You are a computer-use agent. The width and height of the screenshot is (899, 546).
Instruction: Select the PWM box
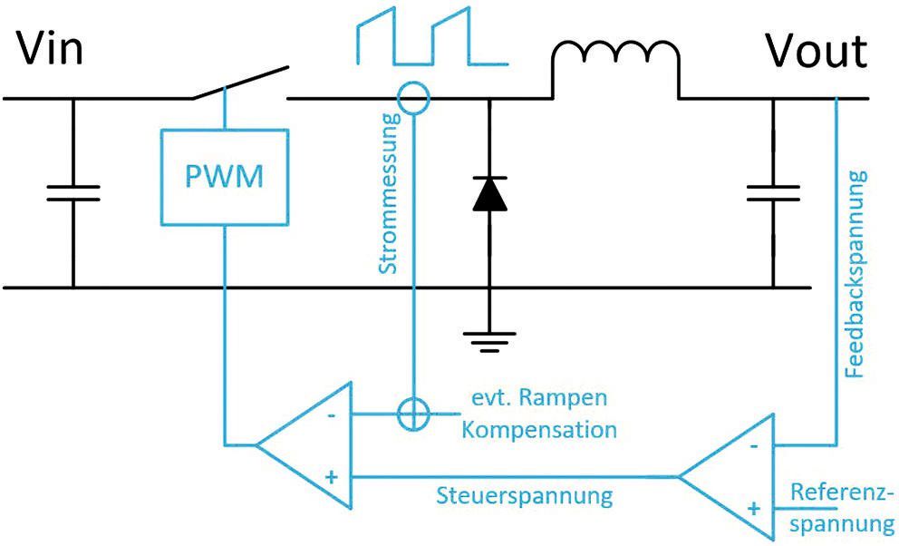224,176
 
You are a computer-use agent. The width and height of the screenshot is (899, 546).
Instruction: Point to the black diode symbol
489,193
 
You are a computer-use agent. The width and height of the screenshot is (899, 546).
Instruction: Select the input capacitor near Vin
72,192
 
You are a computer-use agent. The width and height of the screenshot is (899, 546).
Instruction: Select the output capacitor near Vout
773,192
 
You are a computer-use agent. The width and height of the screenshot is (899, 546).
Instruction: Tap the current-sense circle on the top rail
414,98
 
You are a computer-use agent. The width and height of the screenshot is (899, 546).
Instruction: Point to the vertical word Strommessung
387,194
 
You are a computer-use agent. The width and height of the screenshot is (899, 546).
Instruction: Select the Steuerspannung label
525,496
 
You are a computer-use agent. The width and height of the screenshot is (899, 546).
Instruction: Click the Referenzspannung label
842,508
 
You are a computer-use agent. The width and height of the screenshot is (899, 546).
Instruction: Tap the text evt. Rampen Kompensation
538,414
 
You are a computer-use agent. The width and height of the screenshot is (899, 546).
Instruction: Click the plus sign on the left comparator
330,476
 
